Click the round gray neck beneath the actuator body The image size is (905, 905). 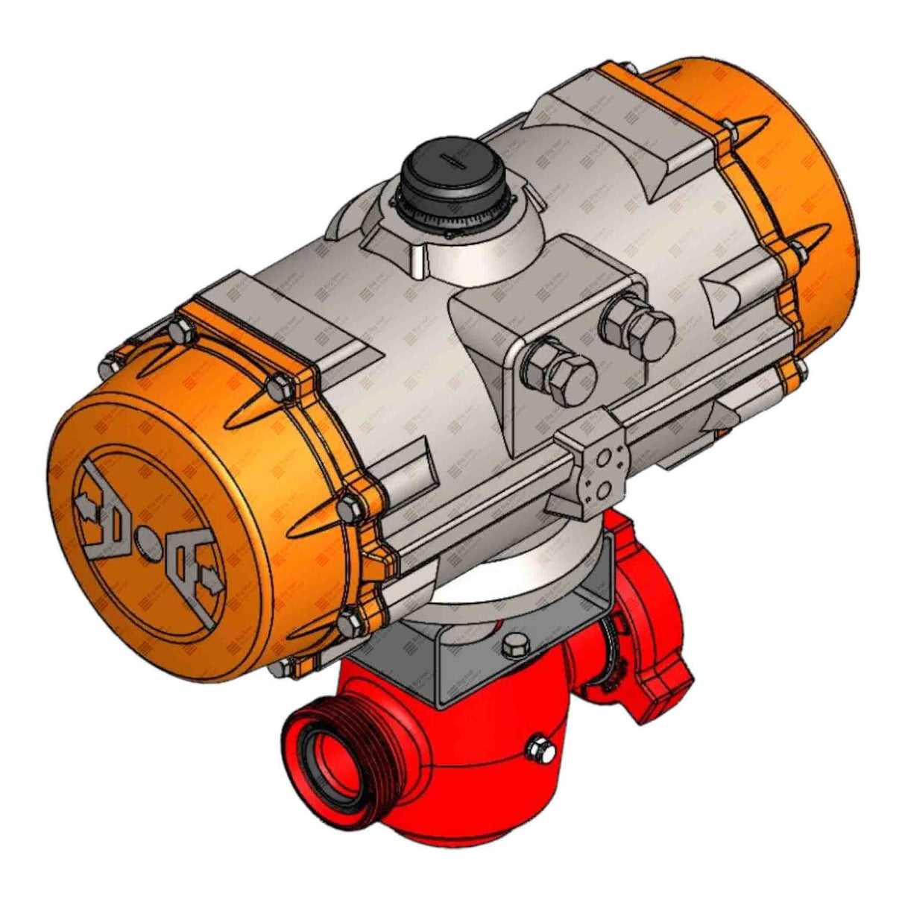(x=514, y=567)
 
